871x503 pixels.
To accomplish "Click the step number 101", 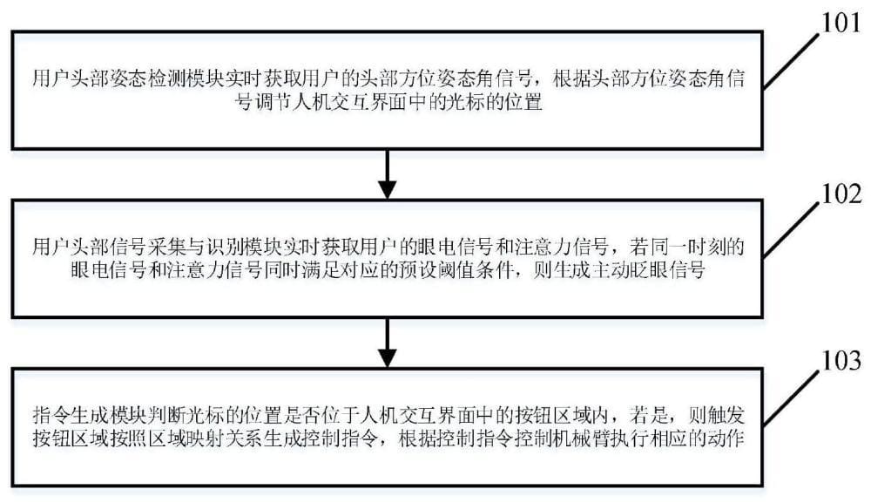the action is (841, 23).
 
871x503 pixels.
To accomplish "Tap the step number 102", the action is (841, 194).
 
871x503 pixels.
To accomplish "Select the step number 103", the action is (841, 361).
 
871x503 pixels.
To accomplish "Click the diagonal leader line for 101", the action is (791, 60).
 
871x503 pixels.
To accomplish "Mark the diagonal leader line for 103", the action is (791, 398).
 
